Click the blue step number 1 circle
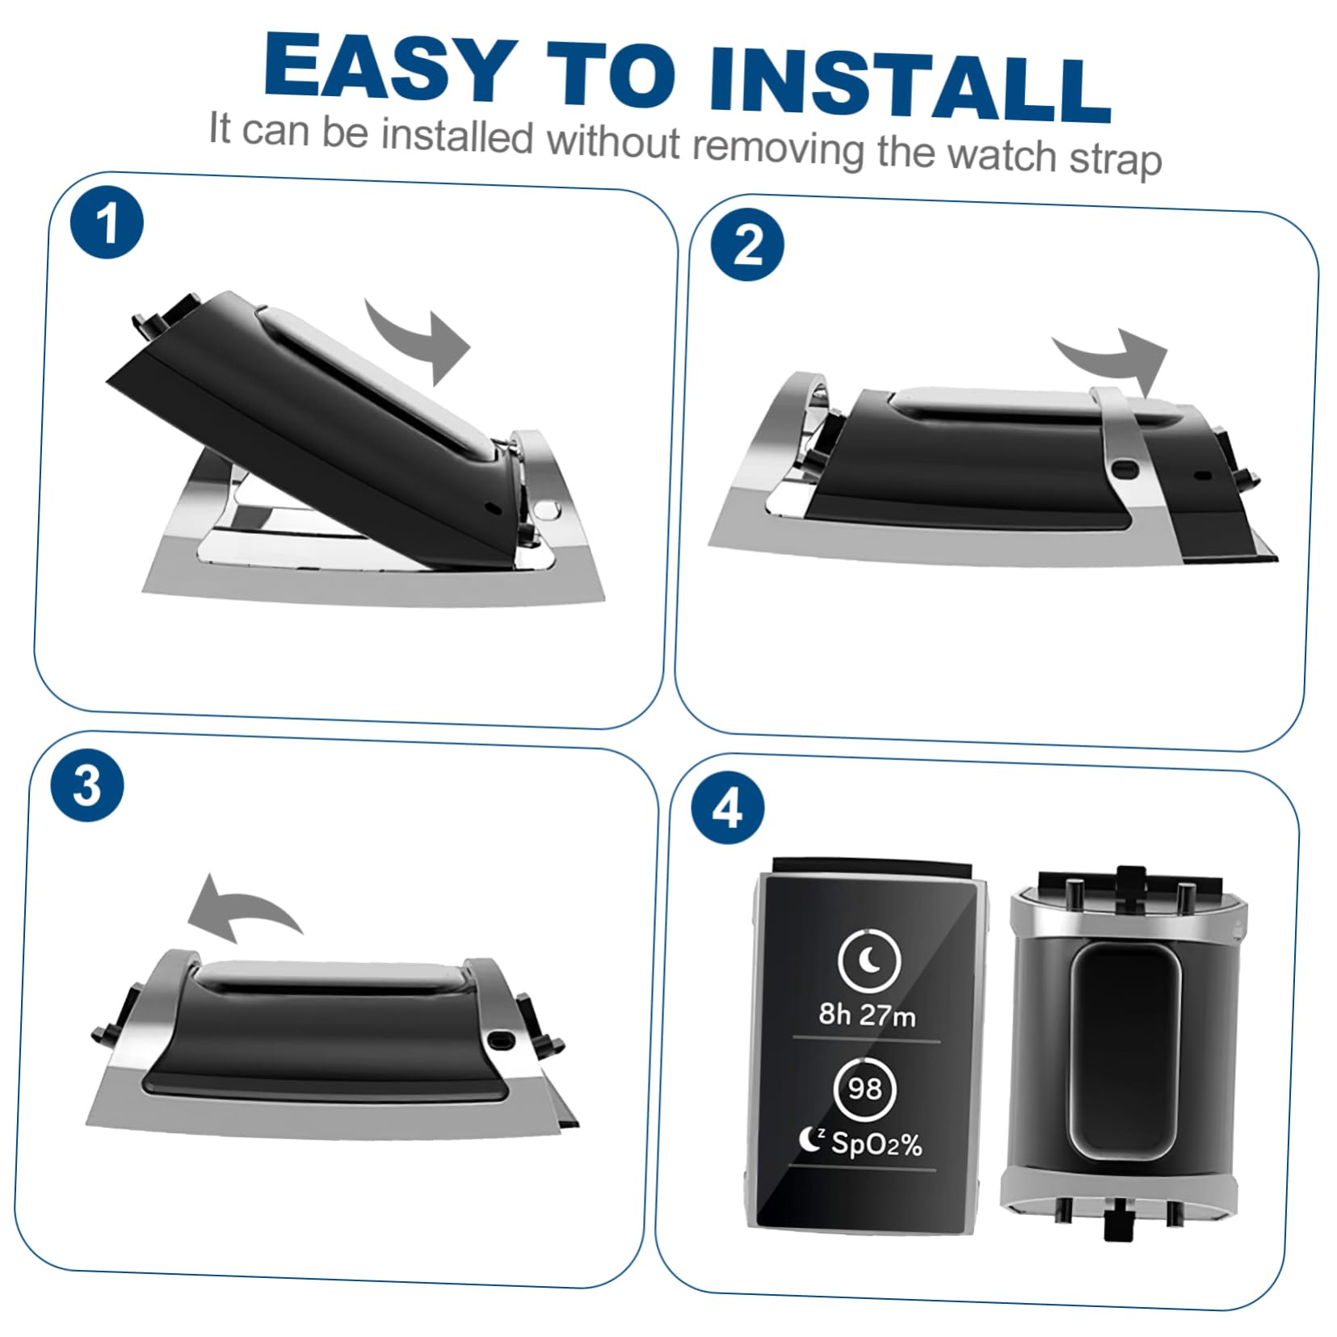pyautogui.click(x=107, y=222)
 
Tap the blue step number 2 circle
pyautogui.click(x=747, y=244)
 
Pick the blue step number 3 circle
pyautogui.click(x=87, y=785)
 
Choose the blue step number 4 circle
pyautogui.click(x=728, y=808)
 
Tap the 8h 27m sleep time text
pyautogui.click(x=867, y=1015)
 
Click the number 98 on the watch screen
pyautogui.click(x=864, y=1088)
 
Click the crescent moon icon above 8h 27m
pyautogui.click(x=869, y=961)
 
